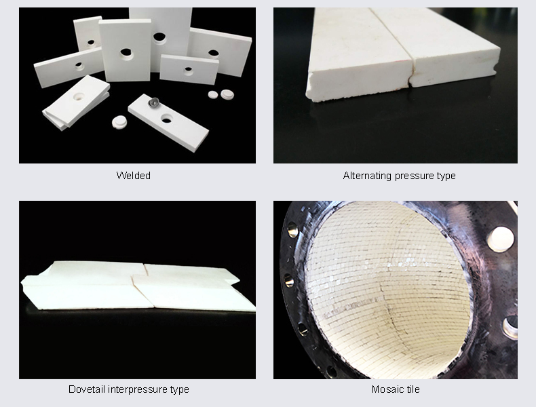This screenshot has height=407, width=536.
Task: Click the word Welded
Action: [133, 176]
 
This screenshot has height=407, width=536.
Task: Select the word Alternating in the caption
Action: [367, 176]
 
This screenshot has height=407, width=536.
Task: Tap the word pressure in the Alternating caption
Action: [414, 176]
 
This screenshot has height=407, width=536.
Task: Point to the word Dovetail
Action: [86, 389]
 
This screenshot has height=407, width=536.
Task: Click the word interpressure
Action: [136, 389]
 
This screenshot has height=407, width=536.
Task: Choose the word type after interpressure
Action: [178, 389]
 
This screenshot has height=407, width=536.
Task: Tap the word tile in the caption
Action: [412, 389]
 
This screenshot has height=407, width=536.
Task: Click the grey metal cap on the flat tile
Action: [152, 103]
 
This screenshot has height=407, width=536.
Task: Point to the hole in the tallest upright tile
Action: [159, 37]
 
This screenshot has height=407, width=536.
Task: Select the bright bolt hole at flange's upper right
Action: [500, 239]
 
